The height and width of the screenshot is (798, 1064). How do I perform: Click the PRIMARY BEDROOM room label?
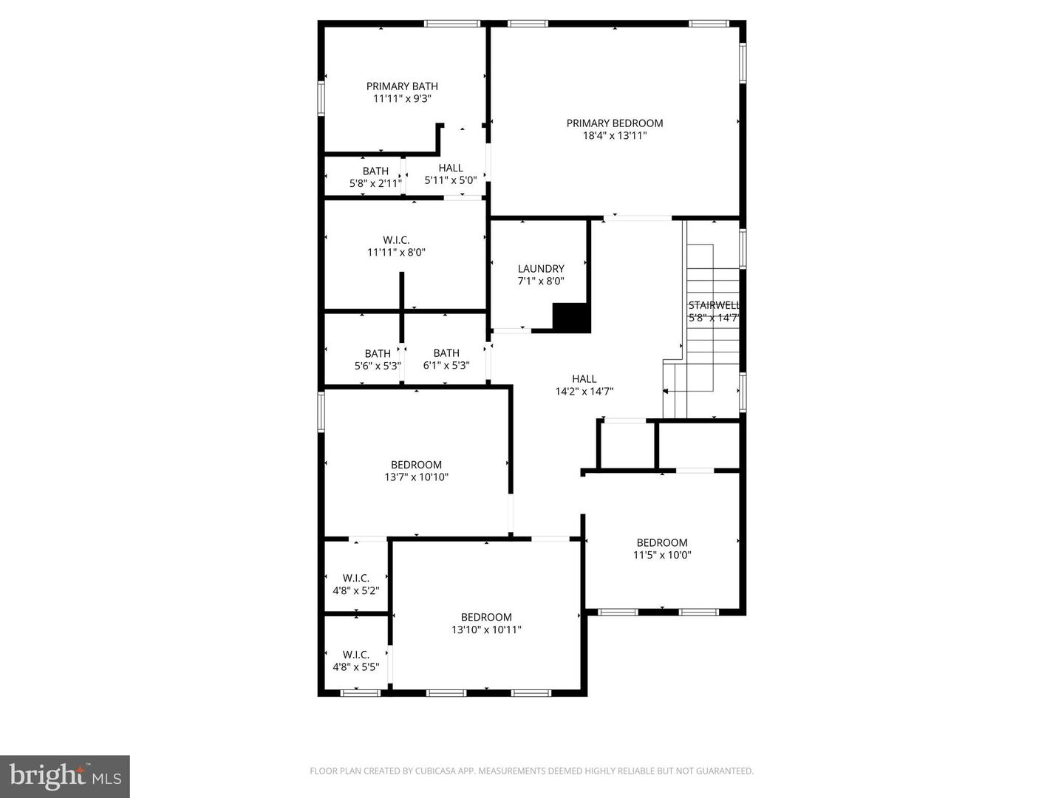614,123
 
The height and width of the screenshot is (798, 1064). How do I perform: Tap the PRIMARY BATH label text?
402,86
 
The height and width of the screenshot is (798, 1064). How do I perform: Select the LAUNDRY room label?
541,269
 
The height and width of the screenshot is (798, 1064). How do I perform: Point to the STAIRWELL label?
714,305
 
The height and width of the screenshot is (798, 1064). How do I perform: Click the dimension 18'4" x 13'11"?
614,136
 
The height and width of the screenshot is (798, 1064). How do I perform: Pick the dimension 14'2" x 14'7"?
584,392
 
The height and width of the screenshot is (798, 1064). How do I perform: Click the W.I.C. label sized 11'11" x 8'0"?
396,240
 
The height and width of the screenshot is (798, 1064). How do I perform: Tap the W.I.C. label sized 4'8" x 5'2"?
355,578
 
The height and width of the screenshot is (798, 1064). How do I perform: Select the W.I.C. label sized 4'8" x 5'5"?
355,655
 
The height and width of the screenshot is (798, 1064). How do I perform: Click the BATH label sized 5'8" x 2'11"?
375,171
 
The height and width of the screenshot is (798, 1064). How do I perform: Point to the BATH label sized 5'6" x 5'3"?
378,353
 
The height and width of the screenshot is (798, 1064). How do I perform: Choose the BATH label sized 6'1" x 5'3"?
446,353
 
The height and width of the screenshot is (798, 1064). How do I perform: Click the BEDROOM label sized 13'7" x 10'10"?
416,465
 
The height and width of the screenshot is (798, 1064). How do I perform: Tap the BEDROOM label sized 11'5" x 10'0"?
662,542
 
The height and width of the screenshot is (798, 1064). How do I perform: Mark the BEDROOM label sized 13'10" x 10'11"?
486,618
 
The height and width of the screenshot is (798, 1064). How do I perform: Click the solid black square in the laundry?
571,318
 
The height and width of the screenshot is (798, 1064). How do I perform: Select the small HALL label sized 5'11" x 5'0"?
451,168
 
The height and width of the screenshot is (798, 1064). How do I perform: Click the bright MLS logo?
65,776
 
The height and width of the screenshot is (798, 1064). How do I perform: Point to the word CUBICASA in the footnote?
426,771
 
